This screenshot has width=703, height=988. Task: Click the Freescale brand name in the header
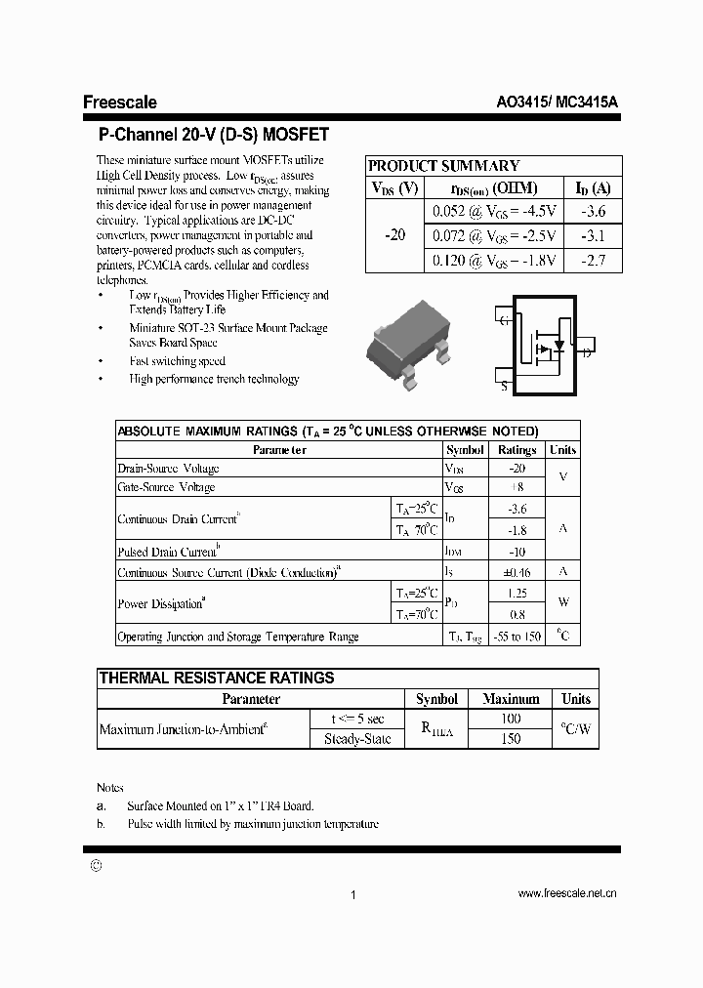pyautogui.click(x=119, y=103)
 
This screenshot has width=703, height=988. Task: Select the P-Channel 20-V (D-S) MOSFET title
pyautogui.click(x=214, y=135)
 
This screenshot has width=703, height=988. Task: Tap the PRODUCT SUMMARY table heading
pyautogui.click(x=443, y=166)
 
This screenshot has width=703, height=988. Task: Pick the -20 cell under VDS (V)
pyautogui.click(x=395, y=235)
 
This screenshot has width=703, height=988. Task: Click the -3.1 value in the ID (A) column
pyautogui.click(x=594, y=235)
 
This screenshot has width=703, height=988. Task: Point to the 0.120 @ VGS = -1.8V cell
pyautogui.click(x=494, y=260)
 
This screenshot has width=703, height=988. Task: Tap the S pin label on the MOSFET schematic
pyautogui.click(x=504, y=386)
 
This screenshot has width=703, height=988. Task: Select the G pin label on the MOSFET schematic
pyautogui.click(x=504, y=320)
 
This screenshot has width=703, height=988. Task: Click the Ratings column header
pyautogui.click(x=517, y=450)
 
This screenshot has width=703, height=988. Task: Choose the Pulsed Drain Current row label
pyautogui.click(x=170, y=552)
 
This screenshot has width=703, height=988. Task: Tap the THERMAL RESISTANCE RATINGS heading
pyautogui.click(x=217, y=678)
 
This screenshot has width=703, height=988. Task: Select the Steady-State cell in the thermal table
pyautogui.click(x=356, y=739)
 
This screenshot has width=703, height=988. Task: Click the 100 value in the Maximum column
pyautogui.click(x=510, y=719)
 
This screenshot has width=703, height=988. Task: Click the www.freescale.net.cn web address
pyautogui.click(x=566, y=893)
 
